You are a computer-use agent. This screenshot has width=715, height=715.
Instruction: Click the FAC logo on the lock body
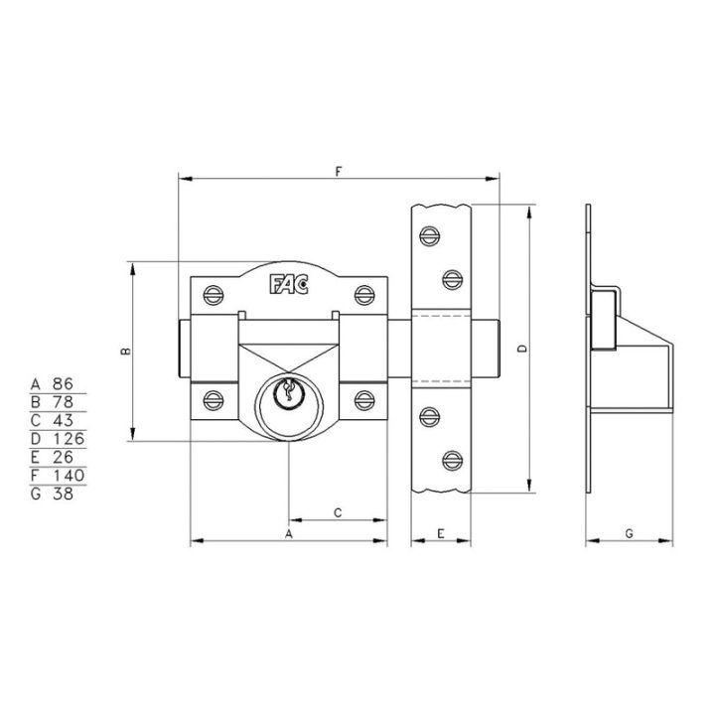click(289, 285)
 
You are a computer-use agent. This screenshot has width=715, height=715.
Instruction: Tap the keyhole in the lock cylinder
click(288, 391)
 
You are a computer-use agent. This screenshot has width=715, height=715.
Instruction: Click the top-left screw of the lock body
click(213, 295)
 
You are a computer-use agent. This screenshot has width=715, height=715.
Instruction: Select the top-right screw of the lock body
click(364, 295)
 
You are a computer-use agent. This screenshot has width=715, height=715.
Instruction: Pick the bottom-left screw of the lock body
click(213, 400)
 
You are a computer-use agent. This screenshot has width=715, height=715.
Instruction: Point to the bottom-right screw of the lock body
click(364, 400)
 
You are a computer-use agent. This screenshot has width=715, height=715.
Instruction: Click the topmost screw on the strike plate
click(430, 235)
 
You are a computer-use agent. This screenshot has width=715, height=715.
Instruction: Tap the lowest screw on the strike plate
click(453, 461)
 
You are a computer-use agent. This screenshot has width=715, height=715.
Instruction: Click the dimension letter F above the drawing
click(338, 172)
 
